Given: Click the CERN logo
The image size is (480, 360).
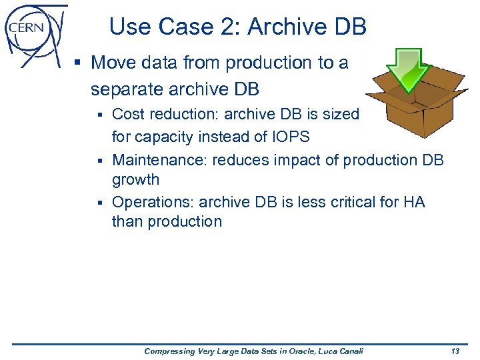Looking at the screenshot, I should coord(33,33).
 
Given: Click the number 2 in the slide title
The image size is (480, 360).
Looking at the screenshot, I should coord(231,27).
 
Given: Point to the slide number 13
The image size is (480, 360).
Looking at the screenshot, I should coord(455,351).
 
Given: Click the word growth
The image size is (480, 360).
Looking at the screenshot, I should coord(135,179).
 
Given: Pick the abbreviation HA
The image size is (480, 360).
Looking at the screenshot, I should coord(413,202).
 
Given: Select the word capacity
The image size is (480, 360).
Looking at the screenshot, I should coord(166,137).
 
